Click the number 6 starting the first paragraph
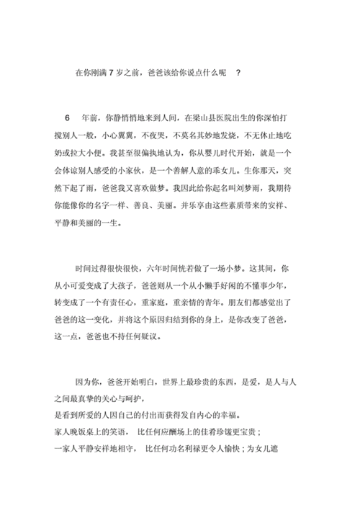coord(68,117)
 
